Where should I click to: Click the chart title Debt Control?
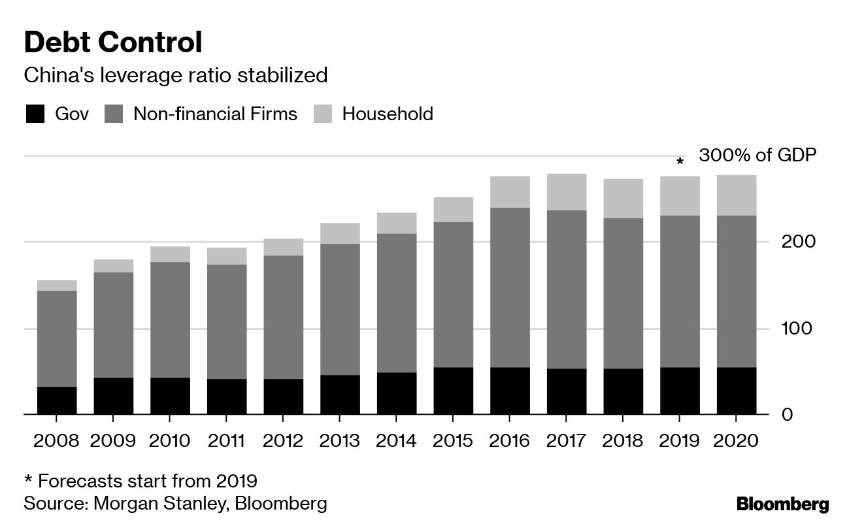pyautogui.click(x=113, y=43)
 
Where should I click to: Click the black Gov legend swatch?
pyautogui.click(x=35, y=114)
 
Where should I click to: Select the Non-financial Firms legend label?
pyautogui.click(x=215, y=114)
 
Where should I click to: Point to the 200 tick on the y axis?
pyautogui.click(x=798, y=242)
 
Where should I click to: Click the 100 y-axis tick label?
pyautogui.click(x=798, y=328)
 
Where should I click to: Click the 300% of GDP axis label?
pyautogui.click(x=757, y=156)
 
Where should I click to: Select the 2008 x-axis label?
pyautogui.click(x=57, y=440)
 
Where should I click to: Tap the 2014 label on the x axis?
pyautogui.click(x=396, y=440)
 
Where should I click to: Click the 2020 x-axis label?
pyautogui.click(x=737, y=440)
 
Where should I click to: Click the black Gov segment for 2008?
pyautogui.click(x=57, y=400)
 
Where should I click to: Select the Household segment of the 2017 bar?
pyautogui.click(x=567, y=192)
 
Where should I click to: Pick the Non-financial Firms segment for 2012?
pyautogui.click(x=283, y=317)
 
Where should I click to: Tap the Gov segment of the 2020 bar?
pyautogui.click(x=737, y=391)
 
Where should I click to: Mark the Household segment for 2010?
pyautogui.click(x=170, y=254)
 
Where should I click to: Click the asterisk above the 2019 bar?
pyautogui.click(x=680, y=161)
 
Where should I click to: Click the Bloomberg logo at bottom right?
pyautogui.click(x=782, y=504)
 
